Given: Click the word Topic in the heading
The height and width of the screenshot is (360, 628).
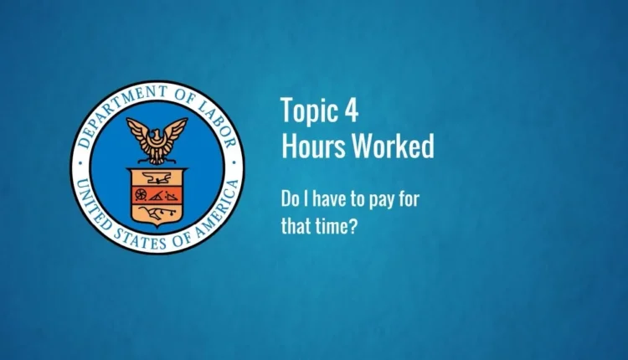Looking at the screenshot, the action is (308, 111).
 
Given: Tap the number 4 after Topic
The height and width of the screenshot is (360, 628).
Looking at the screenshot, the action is (351, 110).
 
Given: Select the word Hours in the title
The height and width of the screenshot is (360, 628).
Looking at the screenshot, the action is (313, 146).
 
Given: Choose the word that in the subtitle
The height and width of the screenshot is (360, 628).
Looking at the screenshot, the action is (296, 226).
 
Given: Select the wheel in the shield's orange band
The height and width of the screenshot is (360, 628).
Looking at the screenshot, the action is (141, 194).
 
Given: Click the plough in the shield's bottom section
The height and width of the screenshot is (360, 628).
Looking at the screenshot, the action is (157, 213).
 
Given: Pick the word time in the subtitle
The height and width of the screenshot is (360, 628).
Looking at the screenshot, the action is (331, 227).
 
